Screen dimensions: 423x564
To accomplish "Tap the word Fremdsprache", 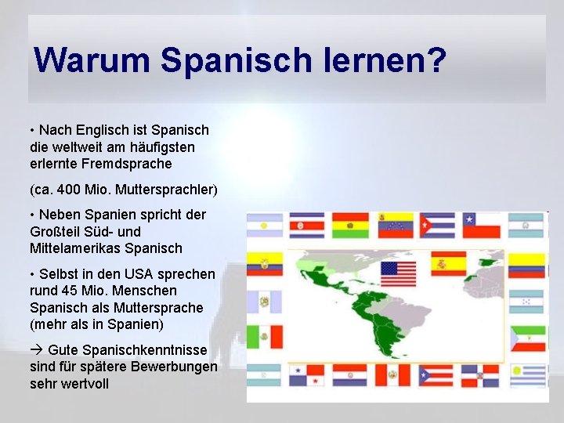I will (x=126, y=164).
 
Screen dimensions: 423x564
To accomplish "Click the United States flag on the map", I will (x=398, y=273).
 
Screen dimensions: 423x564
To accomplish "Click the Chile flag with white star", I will (x=481, y=226).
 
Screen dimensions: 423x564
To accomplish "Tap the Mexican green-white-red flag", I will (x=265, y=336).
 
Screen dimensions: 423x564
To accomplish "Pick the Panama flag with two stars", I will (x=307, y=375).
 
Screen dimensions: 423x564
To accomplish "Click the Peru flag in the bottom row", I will (x=393, y=374).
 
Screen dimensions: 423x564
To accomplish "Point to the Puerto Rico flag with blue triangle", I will (x=436, y=375).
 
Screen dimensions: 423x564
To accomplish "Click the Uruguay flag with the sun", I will (x=528, y=375).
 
